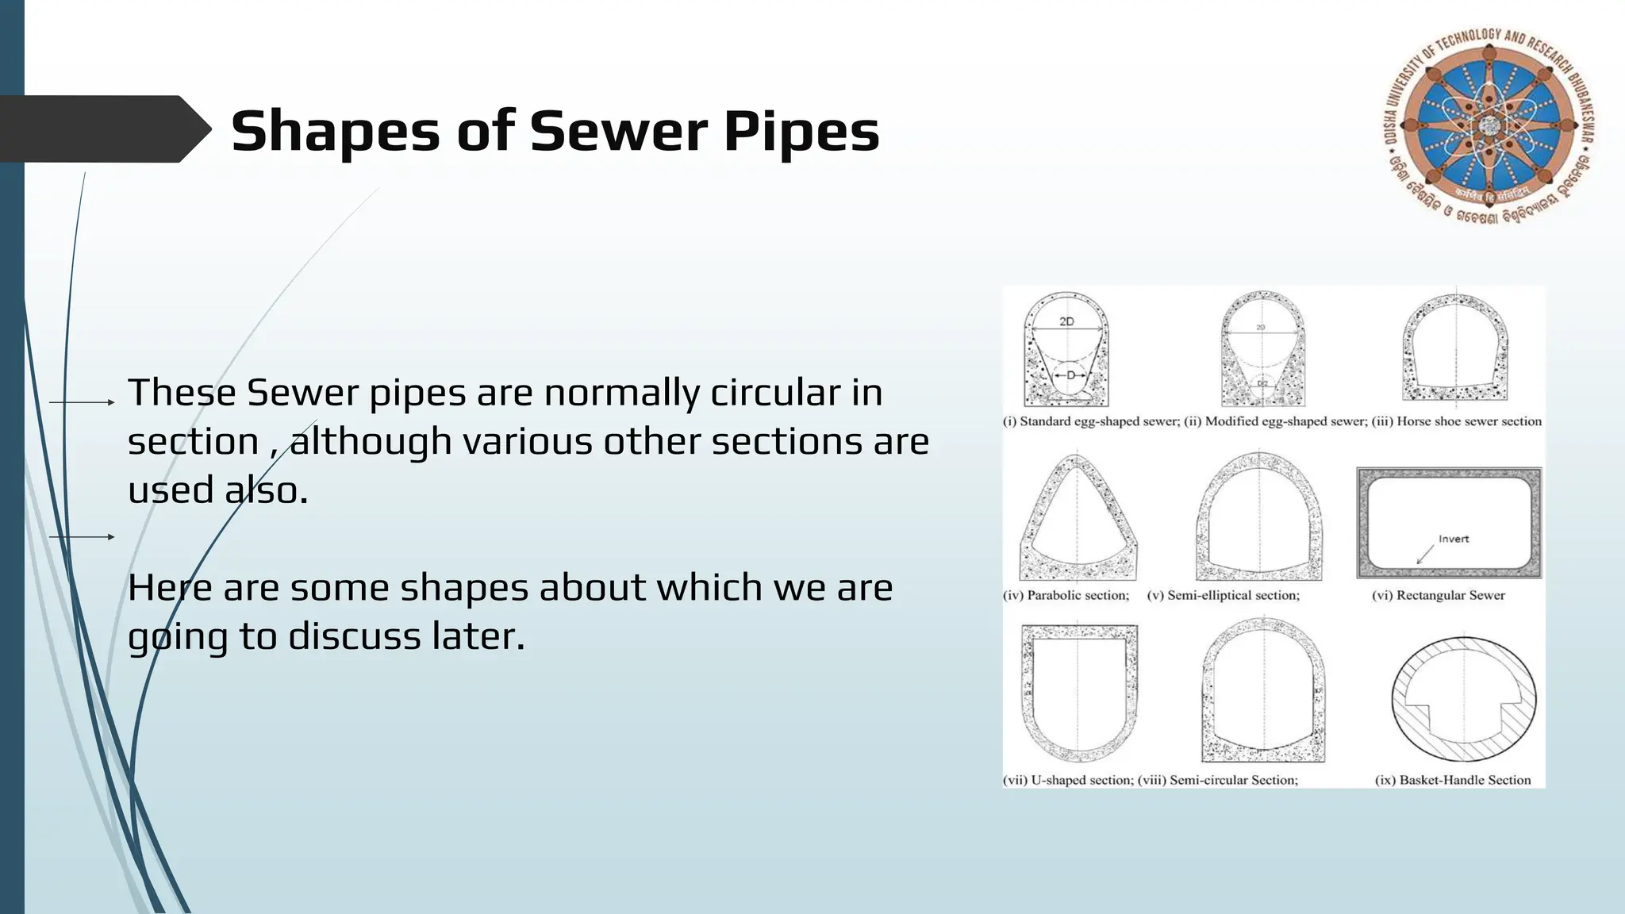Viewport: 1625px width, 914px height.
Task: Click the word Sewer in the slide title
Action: pyautogui.click(x=617, y=131)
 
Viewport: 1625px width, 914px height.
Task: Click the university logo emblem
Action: pyautogui.click(x=1490, y=125)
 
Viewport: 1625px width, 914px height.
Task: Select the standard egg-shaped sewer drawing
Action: pyautogui.click(x=1066, y=350)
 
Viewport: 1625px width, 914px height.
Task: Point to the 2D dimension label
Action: pyautogui.click(x=1066, y=321)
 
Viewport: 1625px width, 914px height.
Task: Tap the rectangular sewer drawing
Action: pyautogui.click(x=1449, y=522)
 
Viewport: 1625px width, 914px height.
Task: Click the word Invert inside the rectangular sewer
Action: pyautogui.click(x=1454, y=539)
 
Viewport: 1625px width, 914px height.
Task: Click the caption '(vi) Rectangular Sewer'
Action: pyautogui.click(x=1438, y=595)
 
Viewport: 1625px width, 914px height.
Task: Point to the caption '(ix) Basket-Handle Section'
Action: pyautogui.click(x=1452, y=780)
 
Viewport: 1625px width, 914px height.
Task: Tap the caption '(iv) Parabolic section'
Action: pyautogui.click(x=1066, y=595)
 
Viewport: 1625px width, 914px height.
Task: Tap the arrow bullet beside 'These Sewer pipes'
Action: pyautogui.click(x=83, y=402)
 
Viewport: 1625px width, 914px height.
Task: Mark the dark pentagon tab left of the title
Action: pyautogui.click(x=103, y=129)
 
